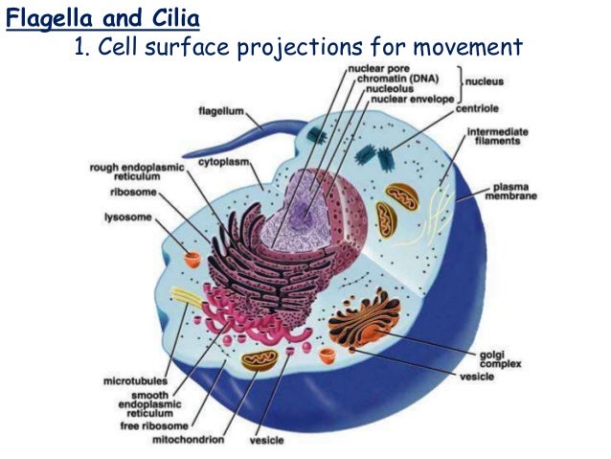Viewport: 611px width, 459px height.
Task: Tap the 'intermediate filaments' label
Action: click(x=493, y=136)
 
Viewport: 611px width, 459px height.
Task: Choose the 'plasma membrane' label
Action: click(x=513, y=191)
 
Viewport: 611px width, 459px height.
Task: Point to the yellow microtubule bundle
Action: click(x=187, y=299)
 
